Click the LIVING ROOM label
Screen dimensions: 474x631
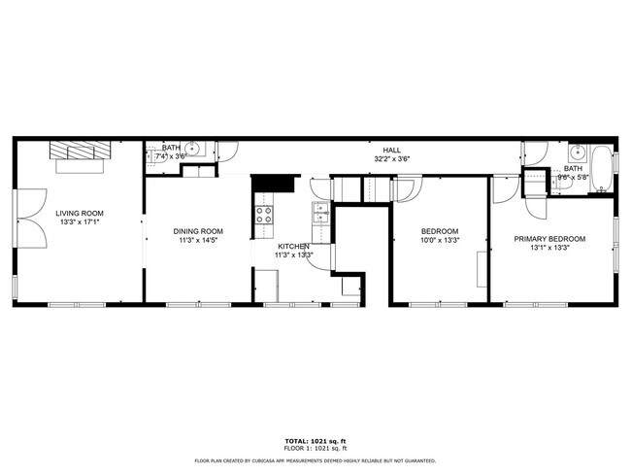coord(79,213)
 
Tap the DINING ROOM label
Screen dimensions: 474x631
coord(198,231)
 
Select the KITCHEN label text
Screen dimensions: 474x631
coord(293,247)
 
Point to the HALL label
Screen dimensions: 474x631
coord(392,150)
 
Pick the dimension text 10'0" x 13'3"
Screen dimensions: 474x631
coord(440,240)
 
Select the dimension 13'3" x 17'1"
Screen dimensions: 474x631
coord(79,221)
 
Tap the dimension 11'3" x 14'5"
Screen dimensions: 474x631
coord(198,240)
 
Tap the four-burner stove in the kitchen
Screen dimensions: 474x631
coord(264,215)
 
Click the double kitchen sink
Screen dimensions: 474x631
coord(320,213)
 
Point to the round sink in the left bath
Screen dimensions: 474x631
coord(192,150)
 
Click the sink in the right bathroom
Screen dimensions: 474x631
coord(577,152)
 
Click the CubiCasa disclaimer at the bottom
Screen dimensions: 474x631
coord(315,460)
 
